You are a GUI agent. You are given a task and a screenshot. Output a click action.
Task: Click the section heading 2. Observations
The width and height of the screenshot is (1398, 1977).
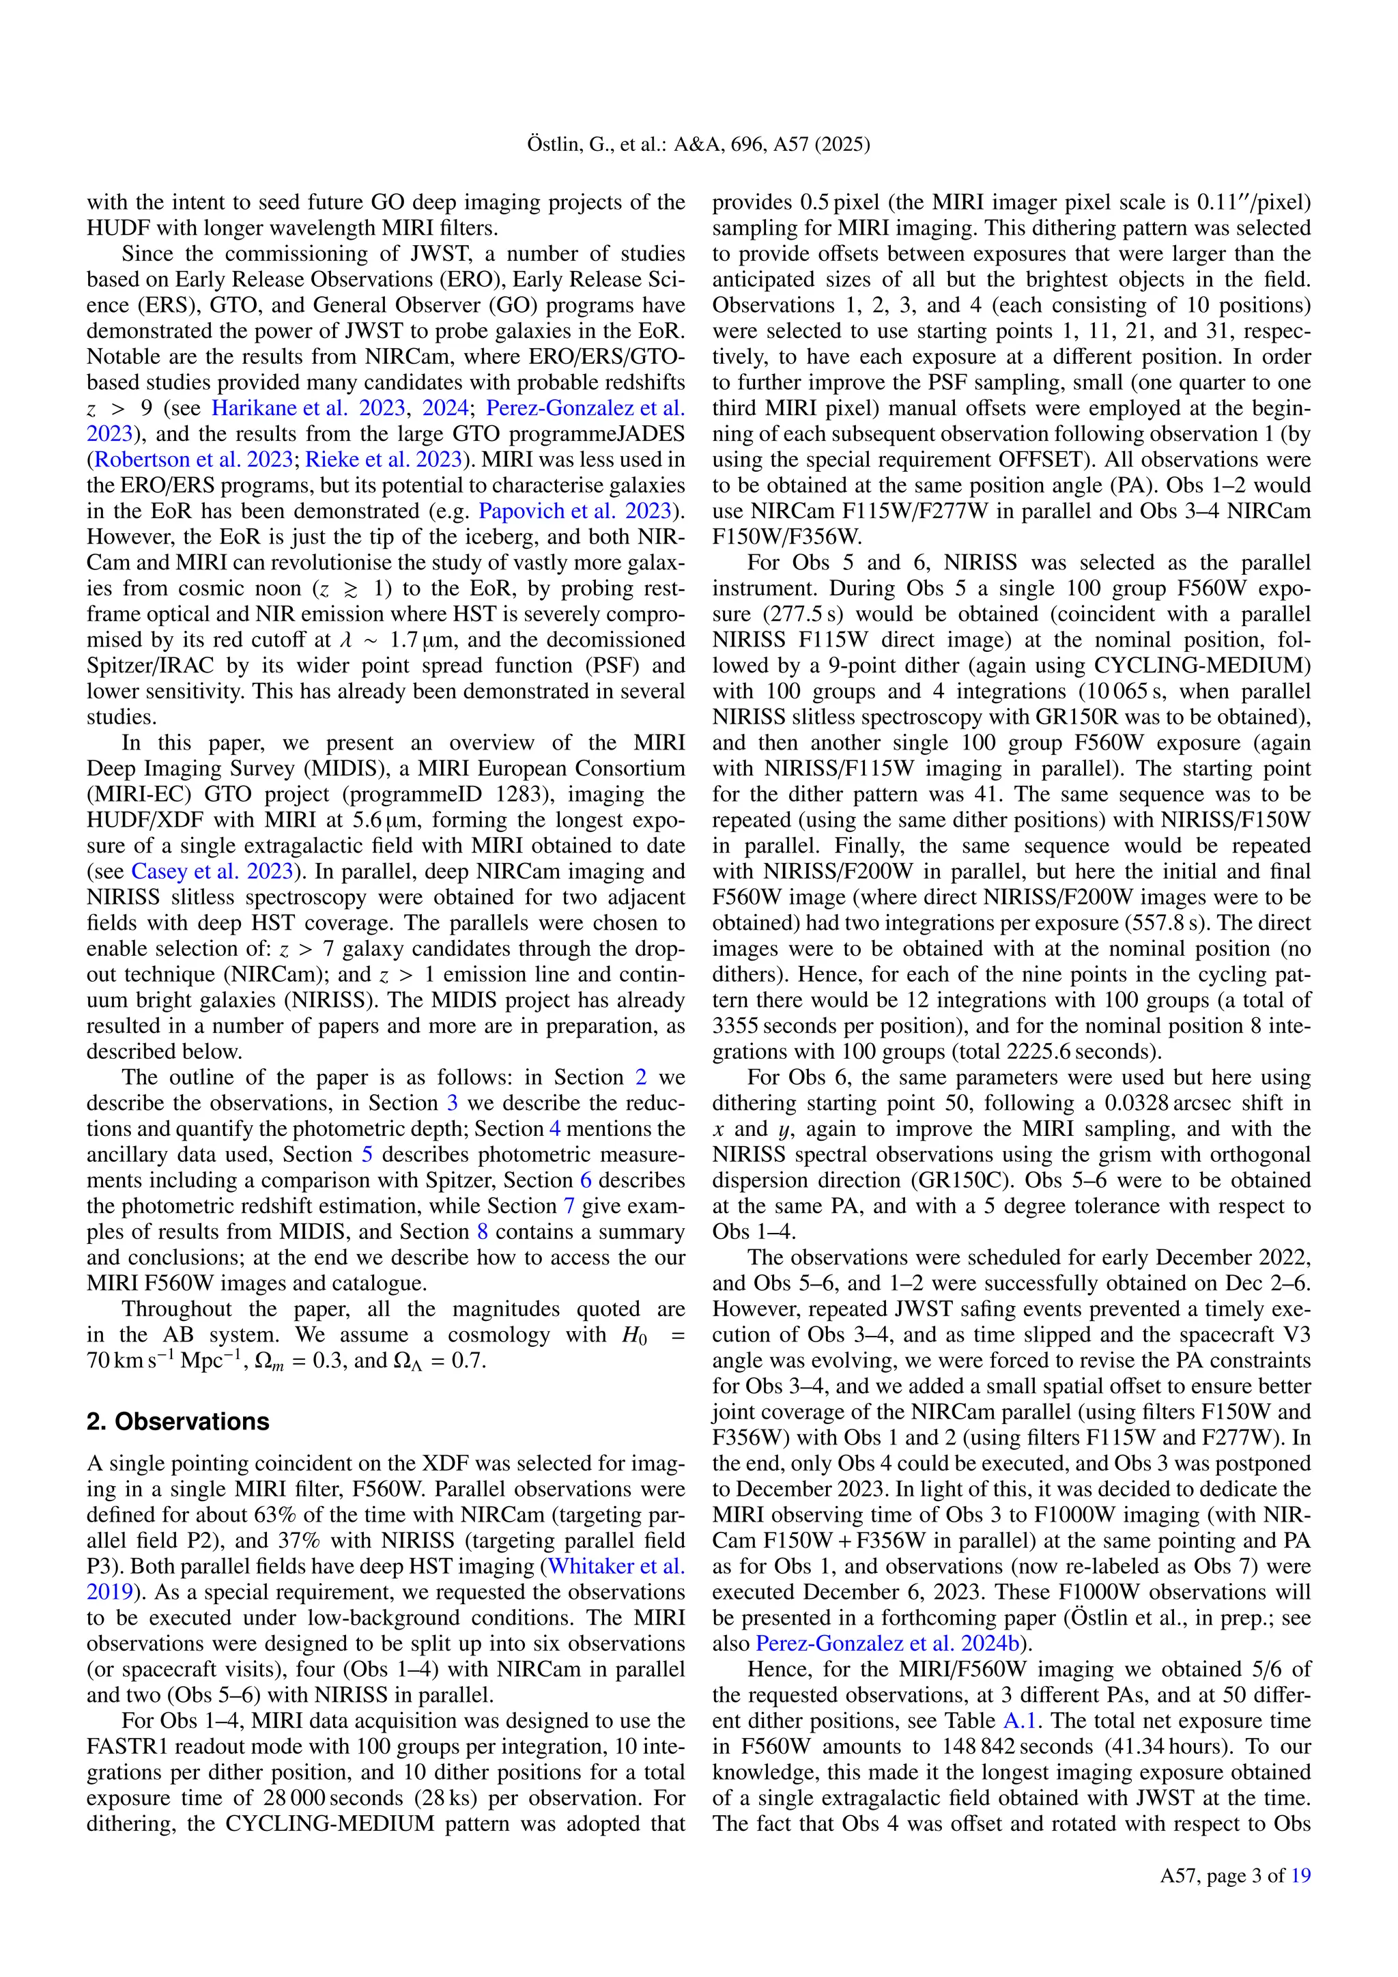[x=177, y=1421]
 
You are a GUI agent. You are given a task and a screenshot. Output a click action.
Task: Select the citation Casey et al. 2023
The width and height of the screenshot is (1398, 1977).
[x=212, y=870]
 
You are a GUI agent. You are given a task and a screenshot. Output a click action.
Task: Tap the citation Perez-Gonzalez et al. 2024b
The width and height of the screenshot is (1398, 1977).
[x=887, y=1643]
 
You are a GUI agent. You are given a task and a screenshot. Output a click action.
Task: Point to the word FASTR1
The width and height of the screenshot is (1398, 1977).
[x=122, y=1746]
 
